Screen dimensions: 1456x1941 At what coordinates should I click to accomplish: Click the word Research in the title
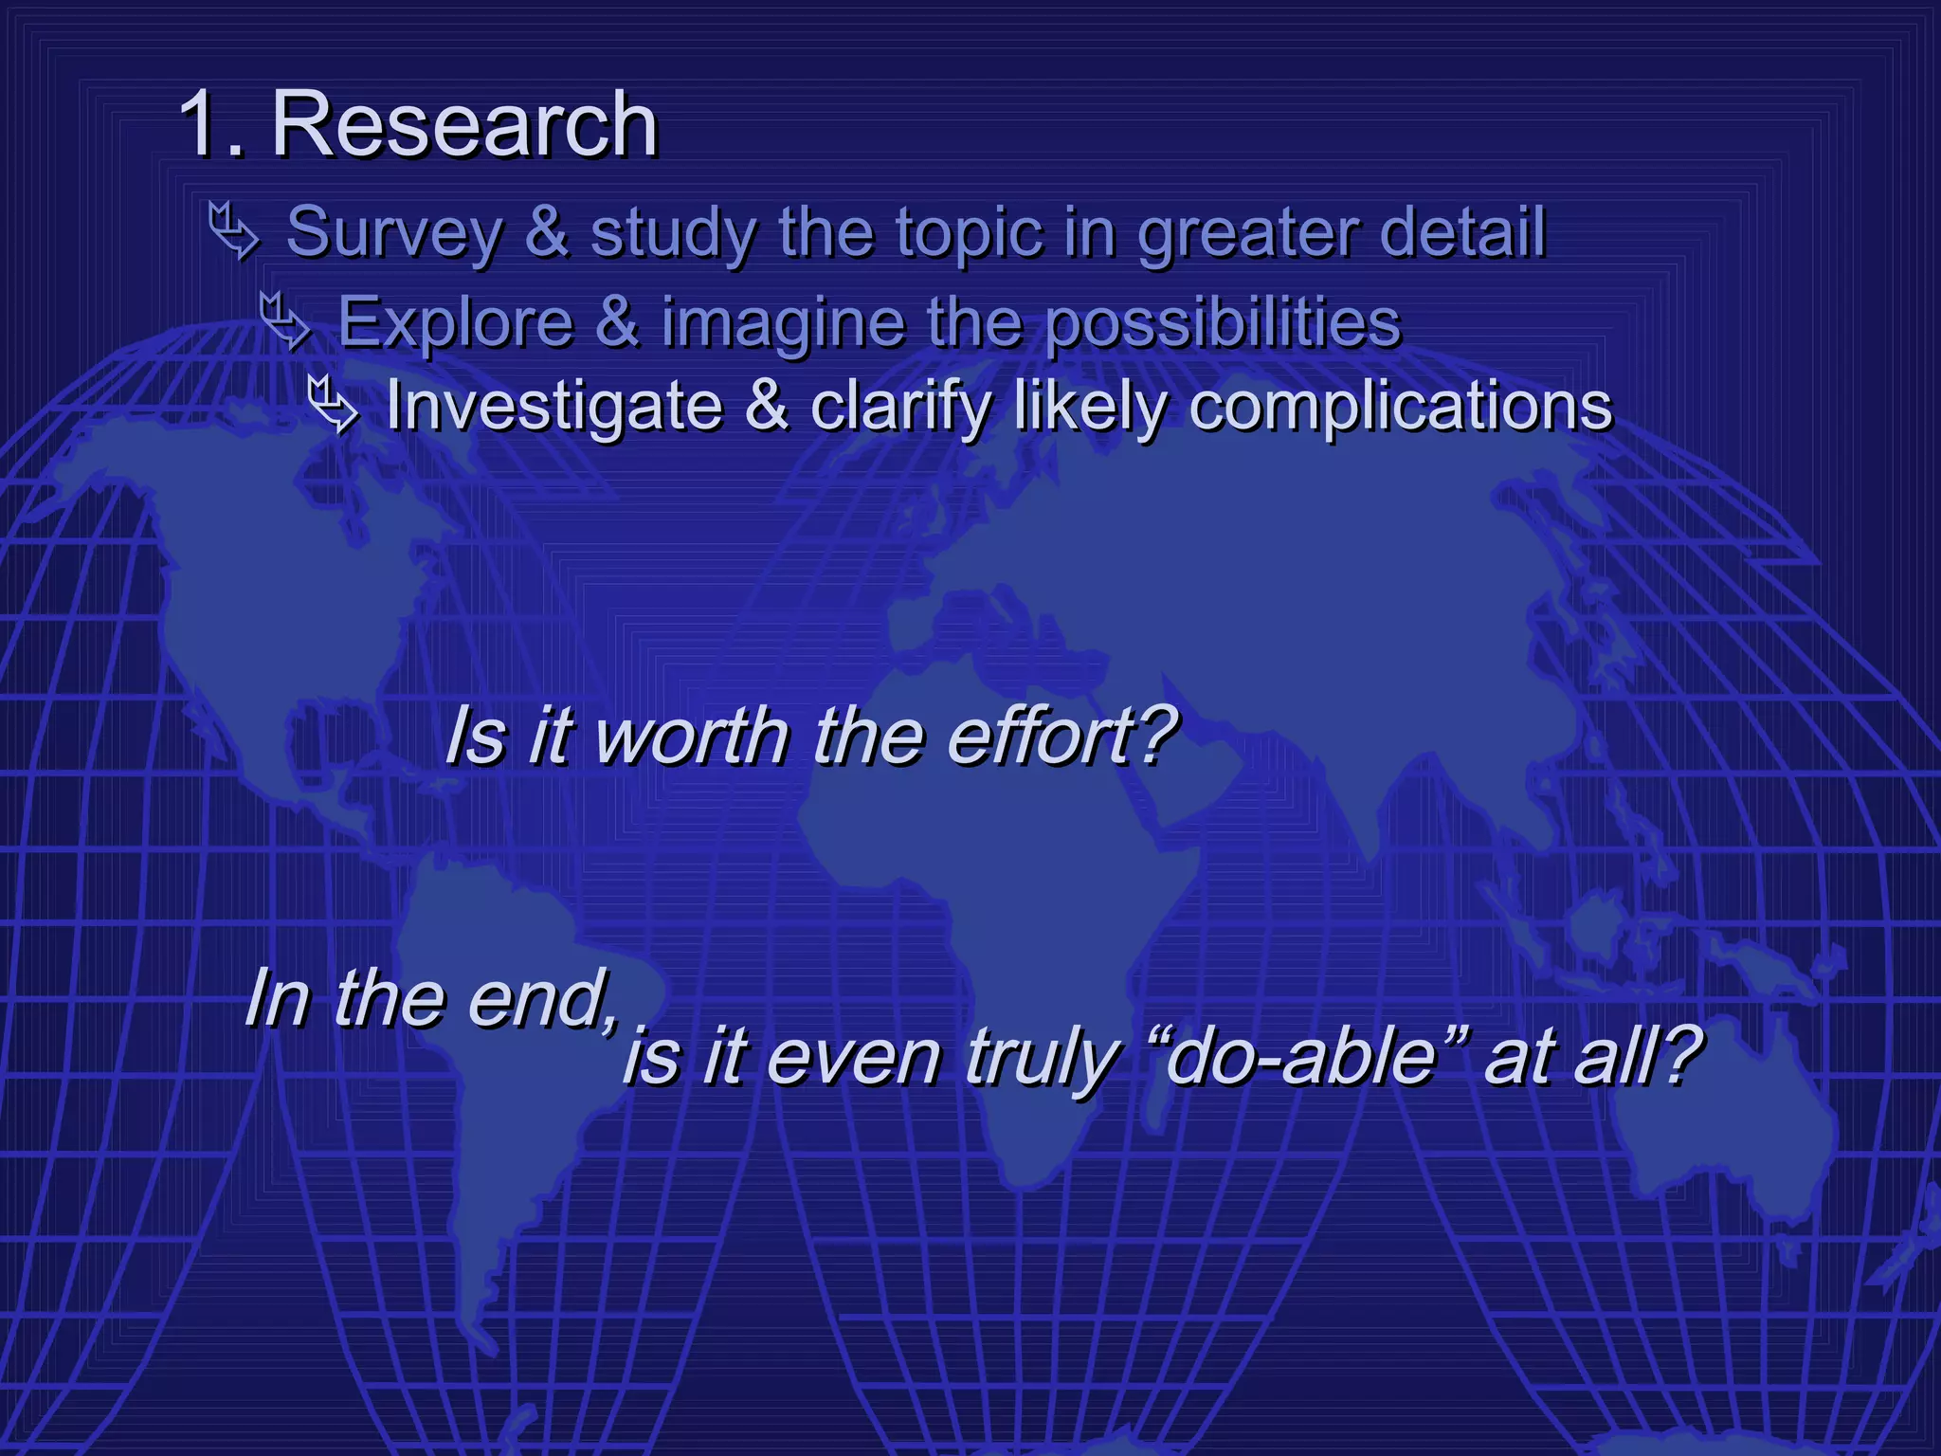pos(464,125)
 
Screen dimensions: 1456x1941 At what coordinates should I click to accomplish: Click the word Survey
pos(394,233)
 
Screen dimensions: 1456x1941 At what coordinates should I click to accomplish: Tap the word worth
pos(691,736)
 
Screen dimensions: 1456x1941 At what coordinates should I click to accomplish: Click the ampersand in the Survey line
pos(547,231)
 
